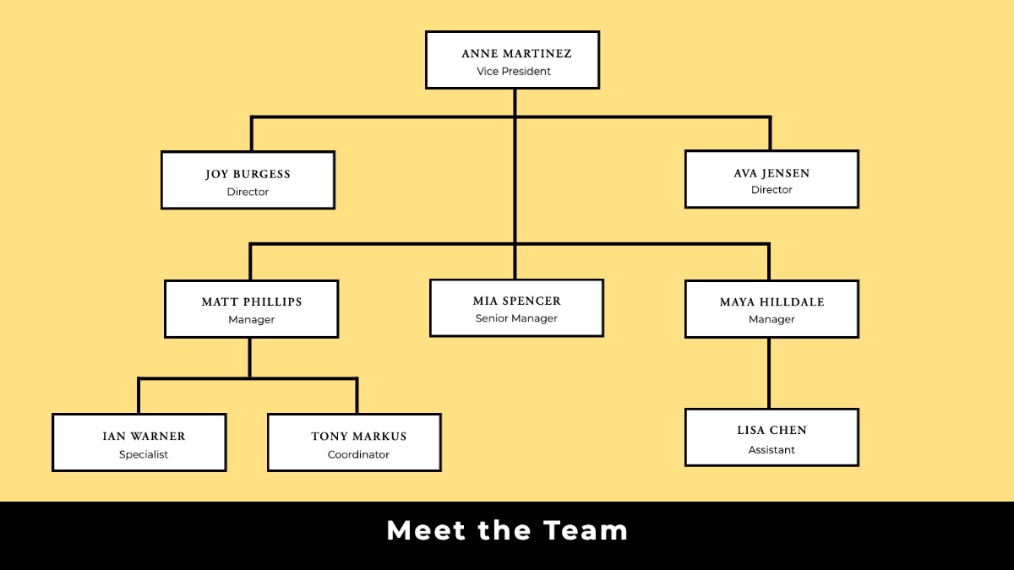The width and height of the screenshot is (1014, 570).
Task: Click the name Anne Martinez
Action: point(516,54)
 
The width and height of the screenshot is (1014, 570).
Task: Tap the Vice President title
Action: point(514,72)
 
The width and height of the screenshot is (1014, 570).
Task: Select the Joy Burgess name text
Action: point(248,174)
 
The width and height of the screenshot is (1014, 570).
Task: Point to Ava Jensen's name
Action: point(771,173)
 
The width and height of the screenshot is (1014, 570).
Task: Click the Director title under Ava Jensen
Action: point(771,190)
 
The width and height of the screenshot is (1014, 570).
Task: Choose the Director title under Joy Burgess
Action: point(248,193)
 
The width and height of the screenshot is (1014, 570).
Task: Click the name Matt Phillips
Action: point(252,301)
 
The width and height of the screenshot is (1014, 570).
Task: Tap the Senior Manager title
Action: point(516,318)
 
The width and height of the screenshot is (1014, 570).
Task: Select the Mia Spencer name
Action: point(516,301)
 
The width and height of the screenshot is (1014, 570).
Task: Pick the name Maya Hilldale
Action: point(771,301)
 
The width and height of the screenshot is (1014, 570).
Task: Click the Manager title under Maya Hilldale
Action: point(771,319)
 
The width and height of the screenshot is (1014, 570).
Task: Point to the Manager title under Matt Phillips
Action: point(252,320)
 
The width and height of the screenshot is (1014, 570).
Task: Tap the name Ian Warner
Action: point(144,436)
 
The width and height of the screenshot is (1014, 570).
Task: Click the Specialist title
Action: point(144,454)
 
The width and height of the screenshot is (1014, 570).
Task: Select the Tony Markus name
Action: point(359,436)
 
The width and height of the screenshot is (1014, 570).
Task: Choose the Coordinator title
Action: point(358,454)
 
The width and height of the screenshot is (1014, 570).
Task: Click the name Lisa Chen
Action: point(771,430)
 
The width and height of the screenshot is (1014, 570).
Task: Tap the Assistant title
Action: point(771,450)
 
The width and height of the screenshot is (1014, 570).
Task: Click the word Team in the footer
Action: point(586,530)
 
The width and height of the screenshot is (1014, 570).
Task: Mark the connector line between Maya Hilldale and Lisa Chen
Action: point(769,373)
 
